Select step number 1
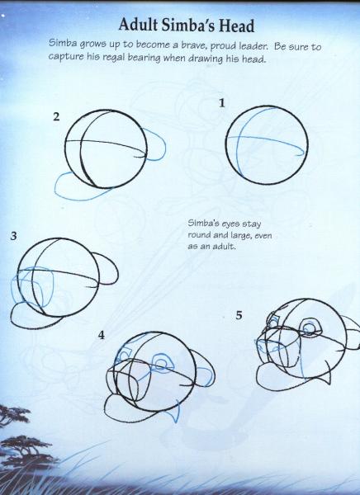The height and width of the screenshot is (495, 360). click(x=222, y=103)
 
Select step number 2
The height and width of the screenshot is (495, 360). click(x=56, y=116)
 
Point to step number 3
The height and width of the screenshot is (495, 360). click(x=13, y=237)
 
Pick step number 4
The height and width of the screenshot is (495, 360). click(x=102, y=335)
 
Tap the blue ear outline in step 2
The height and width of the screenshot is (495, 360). click(x=157, y=148)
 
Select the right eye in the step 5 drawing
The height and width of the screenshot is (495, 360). click(x=309, y=328)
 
